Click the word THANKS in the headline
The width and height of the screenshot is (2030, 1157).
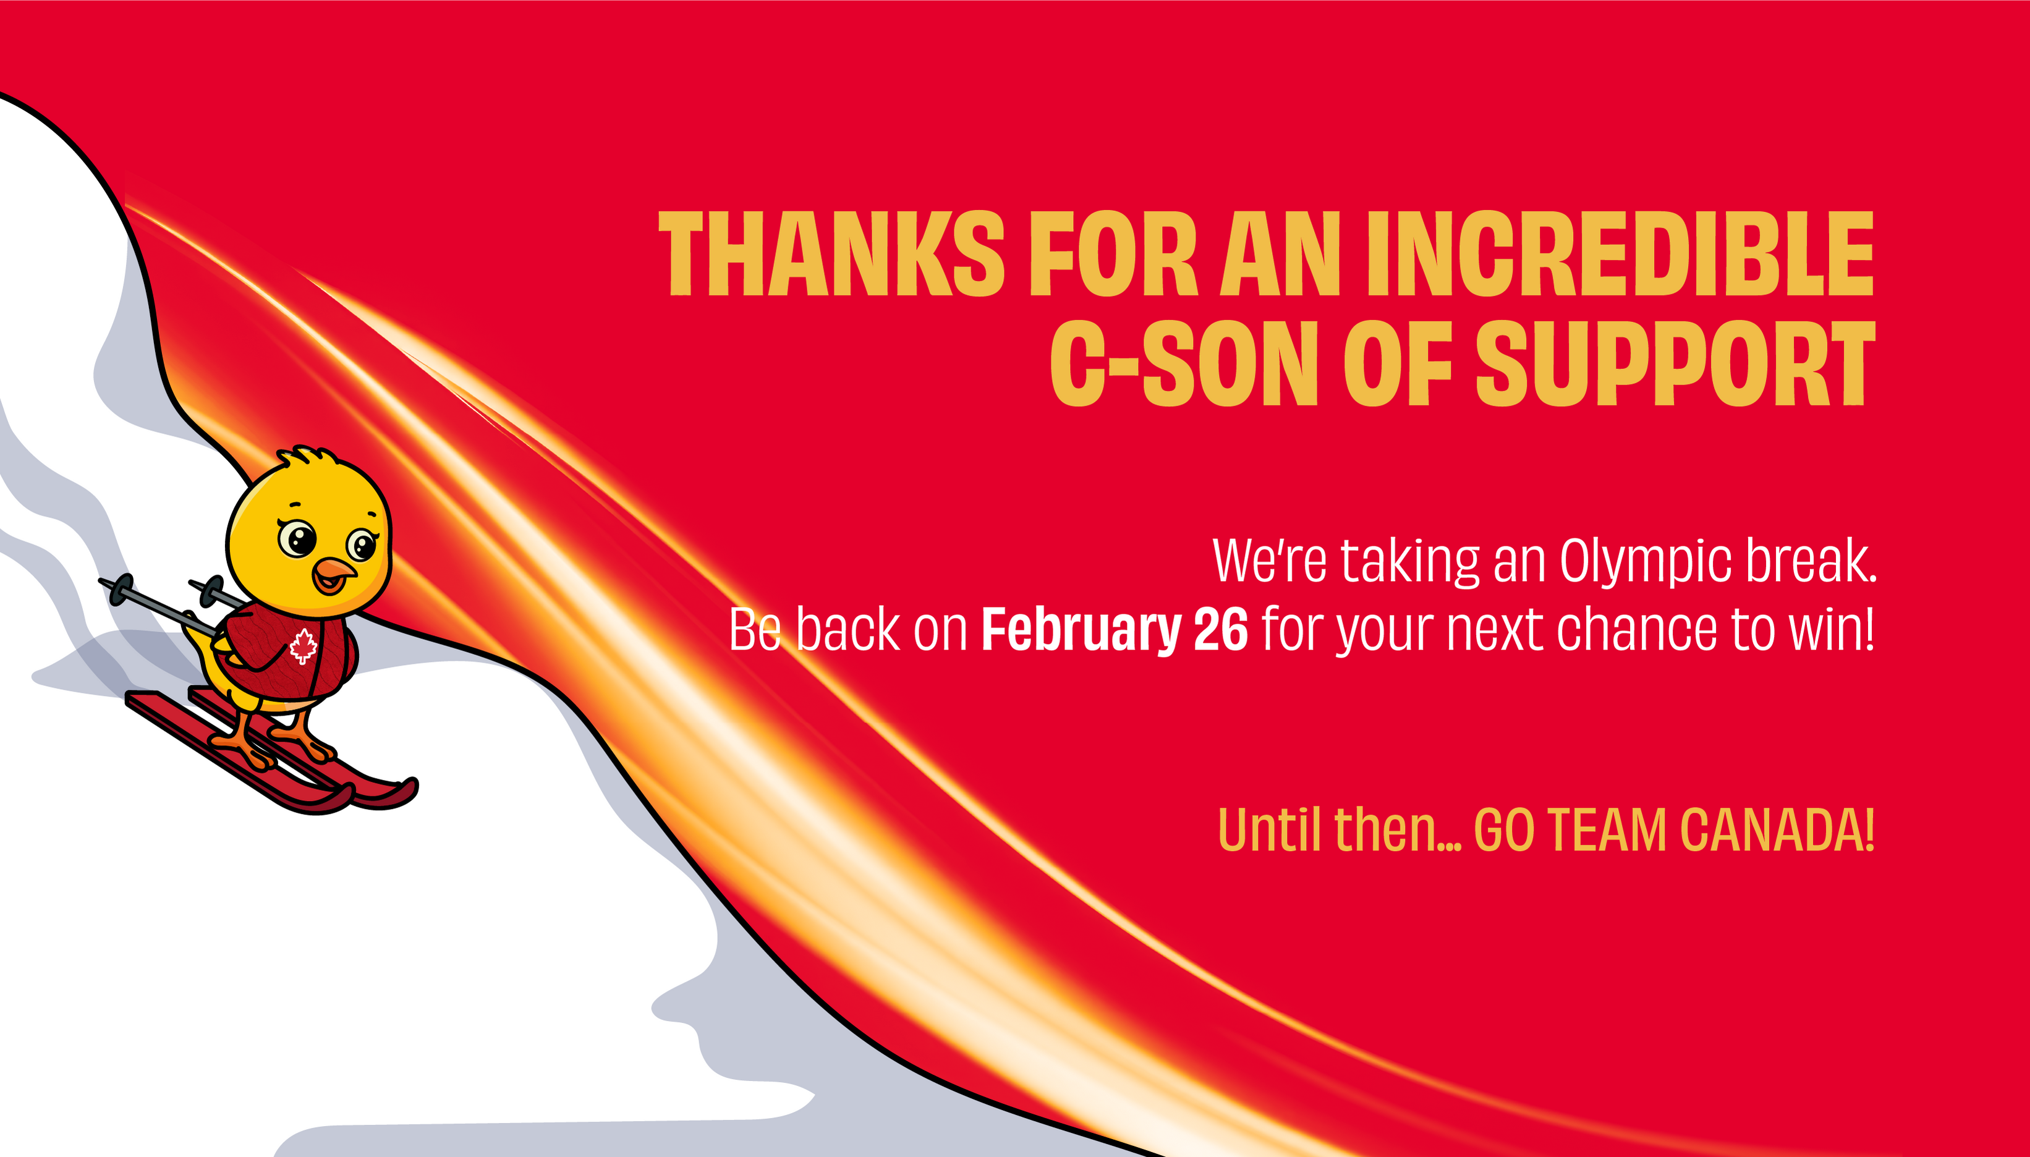[x=832, y=253]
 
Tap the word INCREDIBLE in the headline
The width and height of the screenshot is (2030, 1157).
[x=1620, y=253]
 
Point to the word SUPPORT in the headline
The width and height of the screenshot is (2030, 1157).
[x=1676, y=364]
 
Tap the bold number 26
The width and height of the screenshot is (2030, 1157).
[x=1220, y=629]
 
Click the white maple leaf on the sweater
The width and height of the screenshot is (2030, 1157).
[x=303, y=645]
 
